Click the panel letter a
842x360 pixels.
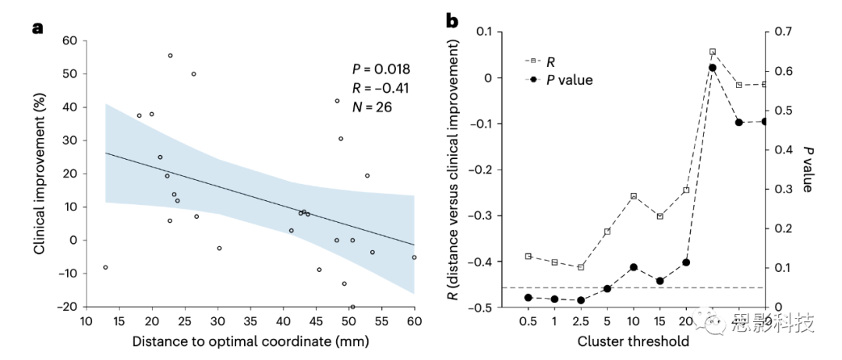(36, 29)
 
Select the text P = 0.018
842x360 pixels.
(381, 69)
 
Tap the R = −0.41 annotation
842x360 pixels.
(380, 87)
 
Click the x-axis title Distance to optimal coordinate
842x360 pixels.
(249, 341)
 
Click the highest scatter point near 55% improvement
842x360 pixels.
(170, 55)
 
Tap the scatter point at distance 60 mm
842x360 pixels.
(414, 257)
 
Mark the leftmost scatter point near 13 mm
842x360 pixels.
(105, 267)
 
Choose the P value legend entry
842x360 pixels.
(562, 79)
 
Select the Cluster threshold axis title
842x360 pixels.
(633, 341)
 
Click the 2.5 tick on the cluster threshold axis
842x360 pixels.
(580, 321)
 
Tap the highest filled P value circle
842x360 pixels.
(712, 68)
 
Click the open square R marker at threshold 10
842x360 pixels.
(633, 196)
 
